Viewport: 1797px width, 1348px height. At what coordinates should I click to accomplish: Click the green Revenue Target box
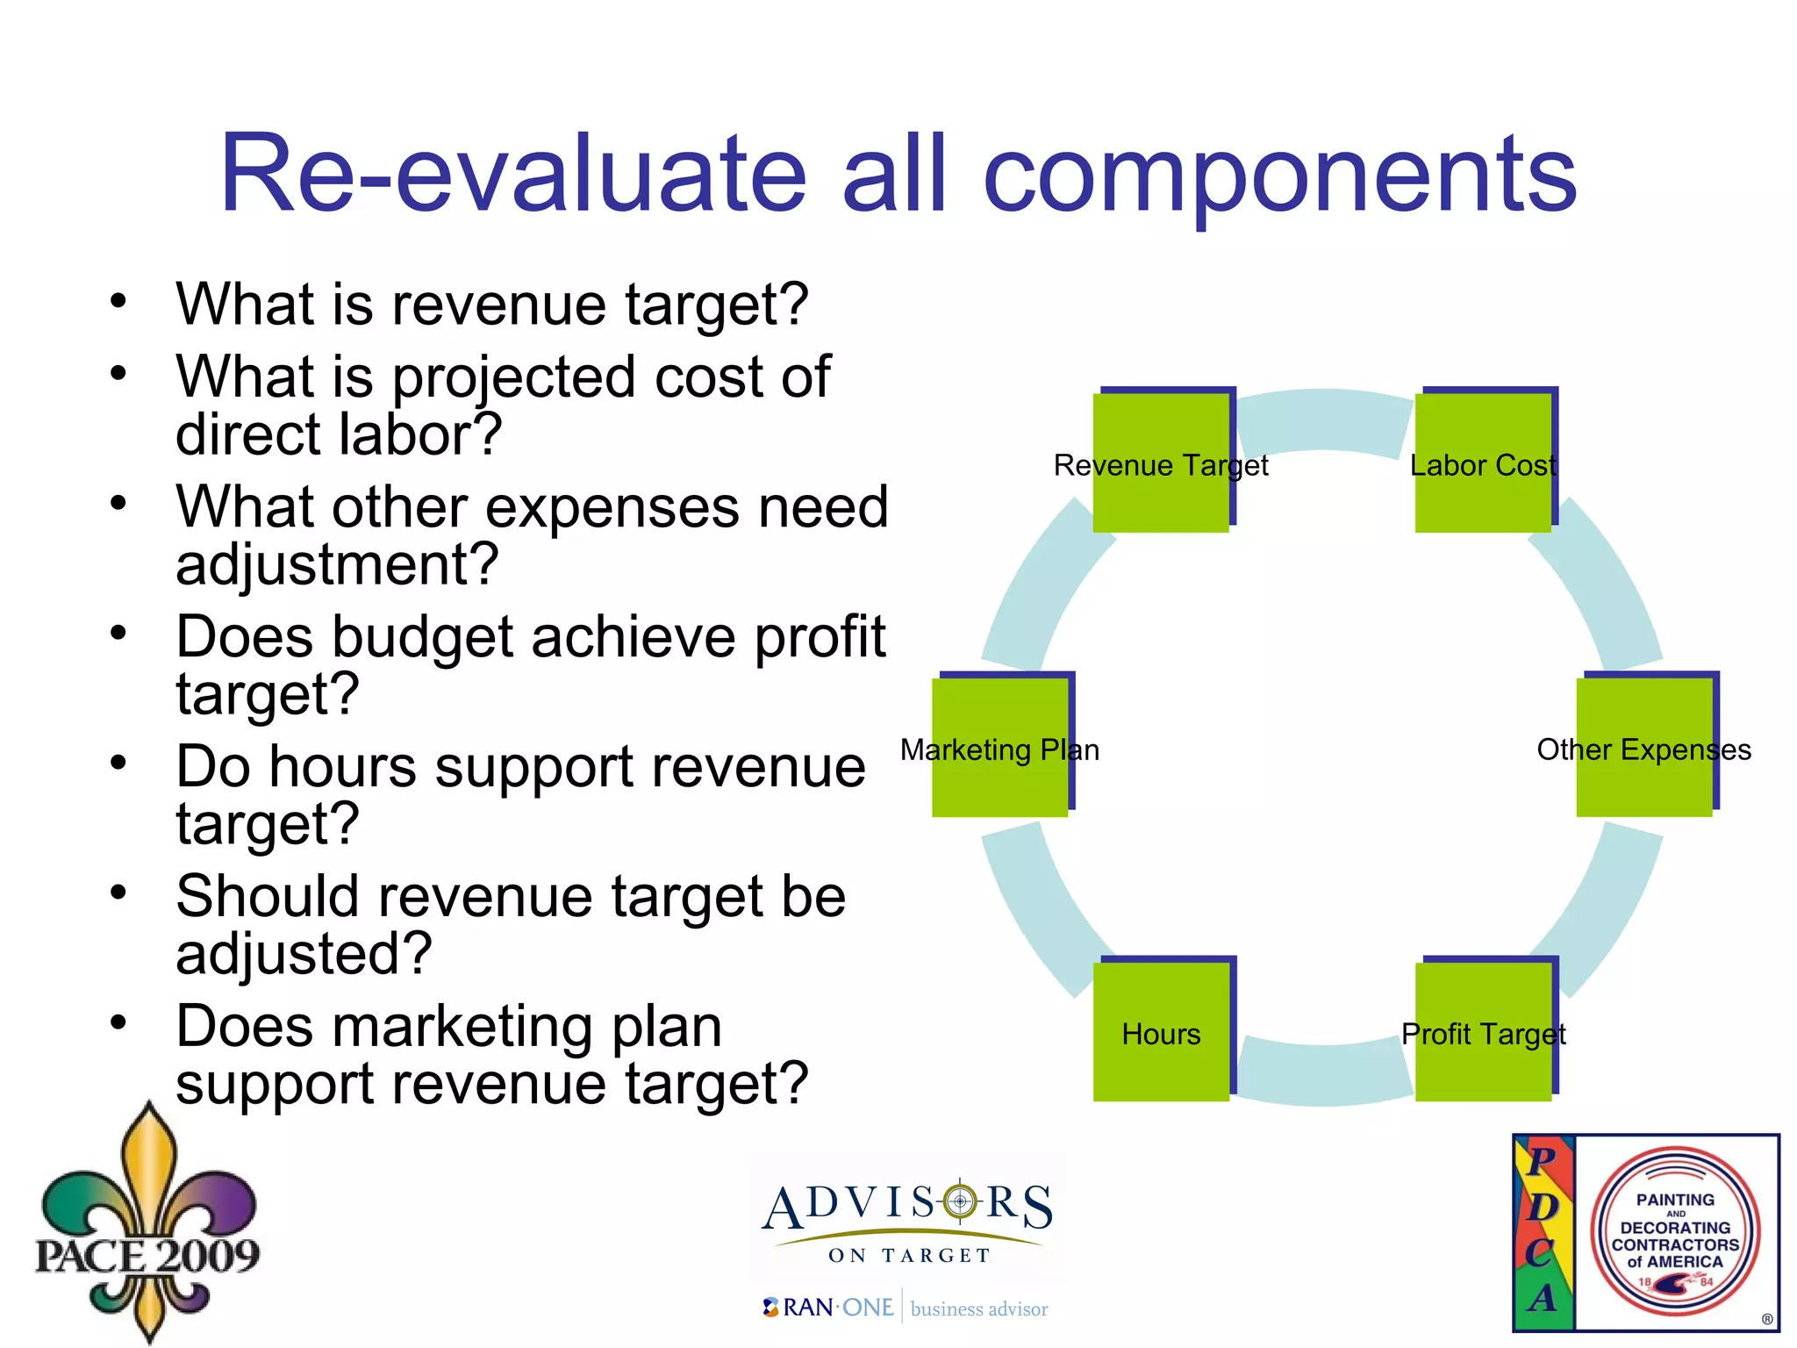(1161, 462)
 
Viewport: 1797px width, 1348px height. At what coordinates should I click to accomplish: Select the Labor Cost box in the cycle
(1483, 462)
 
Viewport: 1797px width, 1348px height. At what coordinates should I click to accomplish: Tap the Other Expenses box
(1644, 748)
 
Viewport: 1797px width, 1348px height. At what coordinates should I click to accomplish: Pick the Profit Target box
(1483, 1032)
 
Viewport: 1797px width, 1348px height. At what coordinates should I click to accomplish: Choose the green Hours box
(1161, 1032)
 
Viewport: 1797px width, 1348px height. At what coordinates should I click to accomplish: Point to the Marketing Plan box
(1000, 748)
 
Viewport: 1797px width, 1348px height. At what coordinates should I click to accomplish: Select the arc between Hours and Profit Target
(1323, 1074)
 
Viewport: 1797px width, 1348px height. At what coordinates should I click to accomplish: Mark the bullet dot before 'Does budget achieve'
(118, 633)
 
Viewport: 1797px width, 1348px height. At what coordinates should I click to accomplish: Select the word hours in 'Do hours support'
(342, 767)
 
